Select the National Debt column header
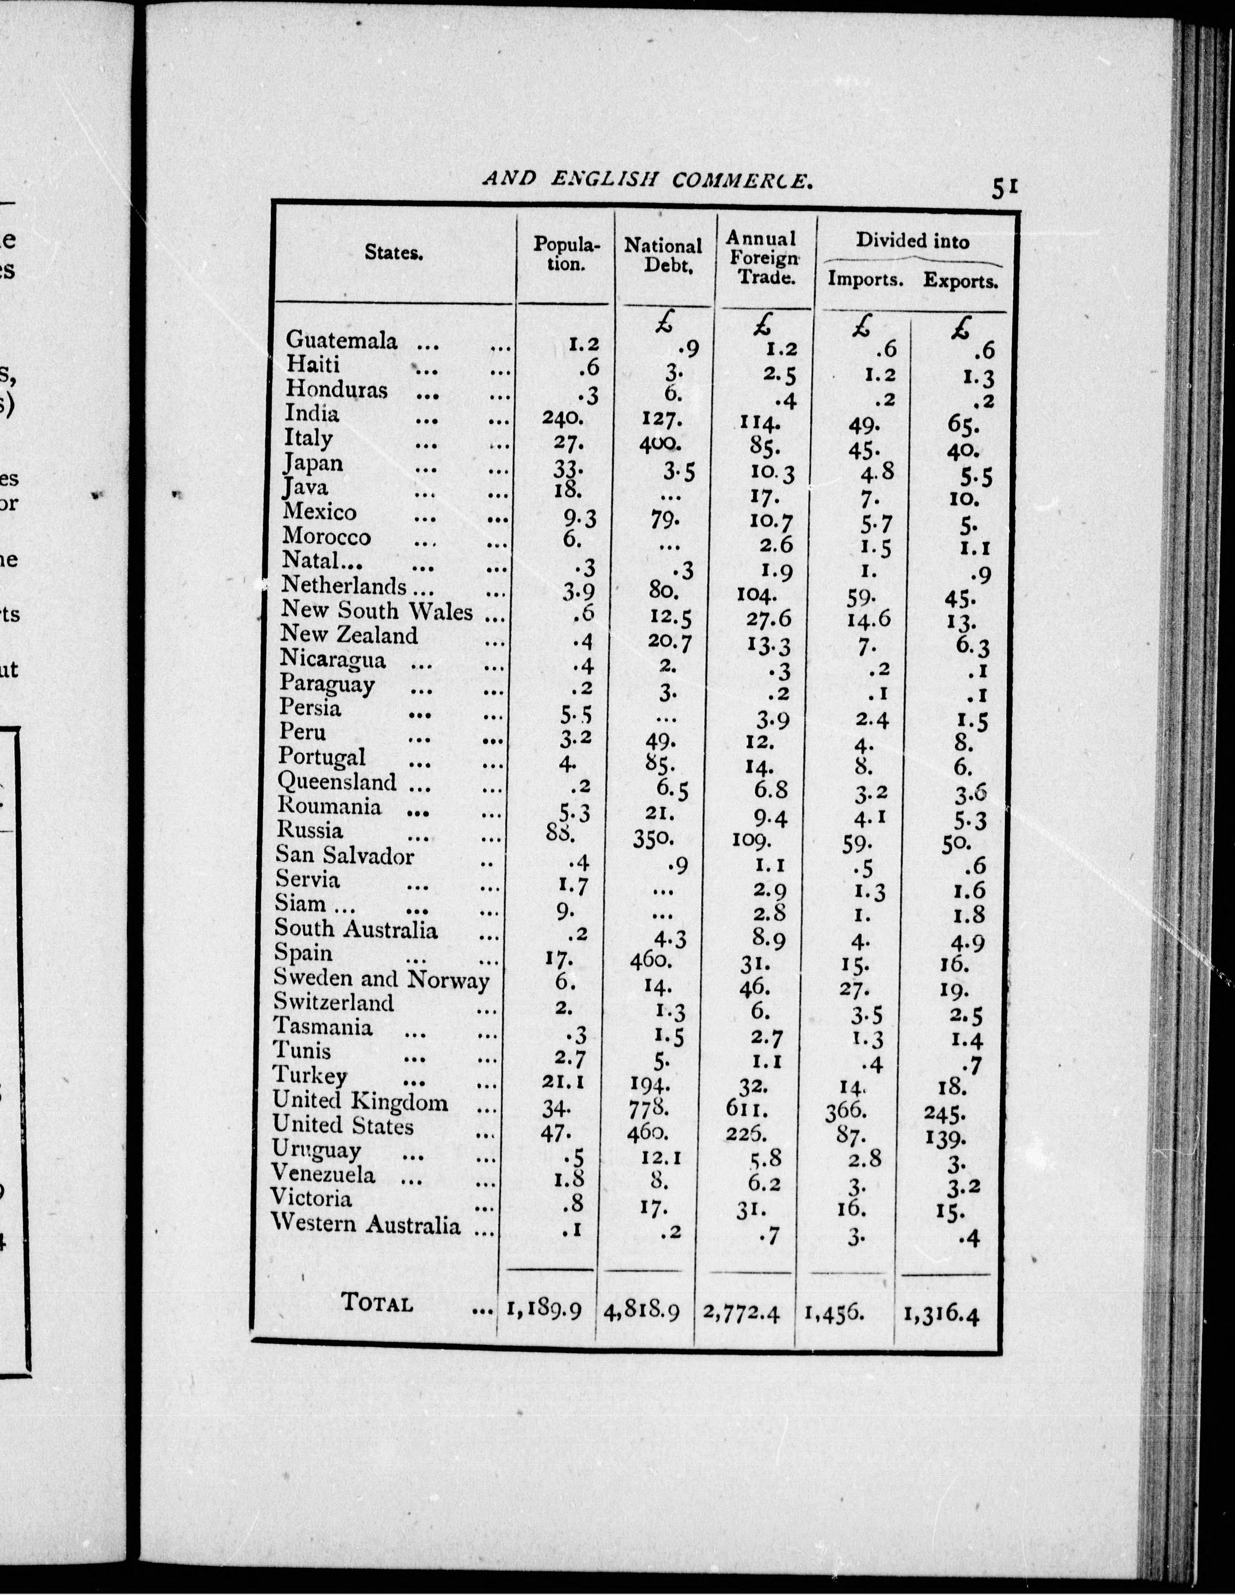tap(663, 255)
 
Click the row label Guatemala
tap(341, 340)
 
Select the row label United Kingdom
tap(360, 1101)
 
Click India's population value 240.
tap(562, 417)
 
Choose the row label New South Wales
tap(376, 611)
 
